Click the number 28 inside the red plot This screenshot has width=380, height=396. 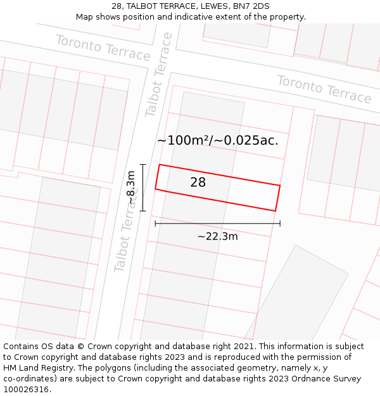(198, 182)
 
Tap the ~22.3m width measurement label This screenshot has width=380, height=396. (217, 236)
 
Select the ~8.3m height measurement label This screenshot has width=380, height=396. (130, 188)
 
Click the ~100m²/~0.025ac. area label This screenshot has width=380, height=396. (217, 140)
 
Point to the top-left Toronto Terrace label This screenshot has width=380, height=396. (103, 48)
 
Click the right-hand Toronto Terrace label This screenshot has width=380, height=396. (324, 89)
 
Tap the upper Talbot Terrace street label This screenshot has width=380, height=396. (158, 74)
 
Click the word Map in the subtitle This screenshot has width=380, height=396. (85, 16)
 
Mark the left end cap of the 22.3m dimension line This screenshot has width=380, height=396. (155, 223)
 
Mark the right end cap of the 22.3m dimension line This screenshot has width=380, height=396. (280, 223)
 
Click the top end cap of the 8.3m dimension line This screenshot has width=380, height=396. (143, 165)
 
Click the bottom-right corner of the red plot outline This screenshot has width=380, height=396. (275, 211)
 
